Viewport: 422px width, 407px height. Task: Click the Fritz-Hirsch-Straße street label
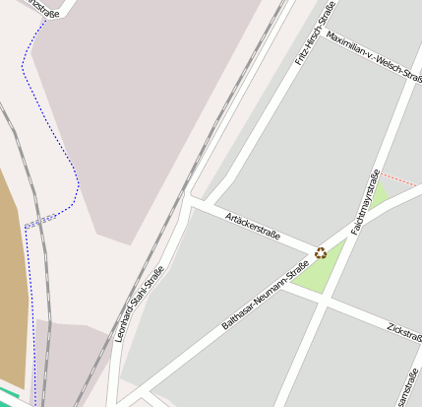(315, 34)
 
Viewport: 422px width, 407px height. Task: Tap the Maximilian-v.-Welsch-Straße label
(373, 53)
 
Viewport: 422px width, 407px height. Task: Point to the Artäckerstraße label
(253, 227)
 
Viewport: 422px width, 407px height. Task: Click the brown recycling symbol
(321, 252)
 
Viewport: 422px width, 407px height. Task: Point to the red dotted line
(400, 180)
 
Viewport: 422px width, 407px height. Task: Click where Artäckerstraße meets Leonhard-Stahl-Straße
(191, 204)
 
